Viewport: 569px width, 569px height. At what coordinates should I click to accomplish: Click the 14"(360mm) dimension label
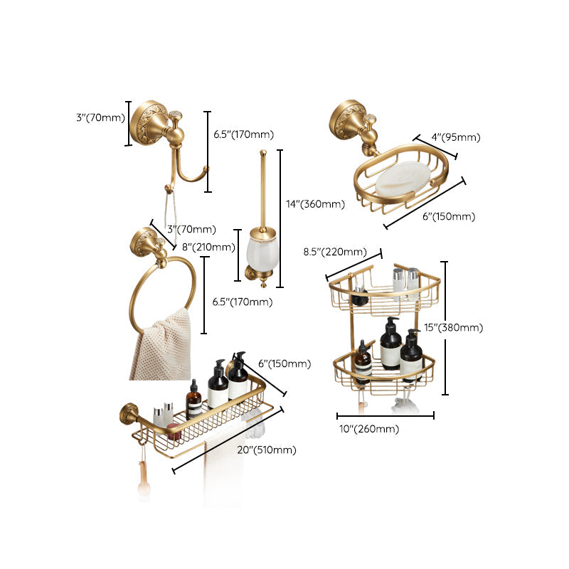315,204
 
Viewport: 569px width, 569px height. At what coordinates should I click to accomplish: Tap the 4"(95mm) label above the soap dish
456,137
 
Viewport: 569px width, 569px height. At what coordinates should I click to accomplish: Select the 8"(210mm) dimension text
209,248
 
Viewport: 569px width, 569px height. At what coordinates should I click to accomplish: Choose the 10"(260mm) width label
368,428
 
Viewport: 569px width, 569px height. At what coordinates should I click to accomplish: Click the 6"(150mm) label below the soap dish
449,216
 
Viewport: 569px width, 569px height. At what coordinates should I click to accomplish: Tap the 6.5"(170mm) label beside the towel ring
243,302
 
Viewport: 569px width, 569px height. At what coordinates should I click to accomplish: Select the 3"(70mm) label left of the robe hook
100,118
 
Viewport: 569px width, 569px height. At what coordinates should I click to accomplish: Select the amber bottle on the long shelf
194,402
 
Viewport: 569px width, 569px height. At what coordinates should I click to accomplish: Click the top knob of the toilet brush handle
264,152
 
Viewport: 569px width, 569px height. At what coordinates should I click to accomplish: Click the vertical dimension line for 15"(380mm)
445,328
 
